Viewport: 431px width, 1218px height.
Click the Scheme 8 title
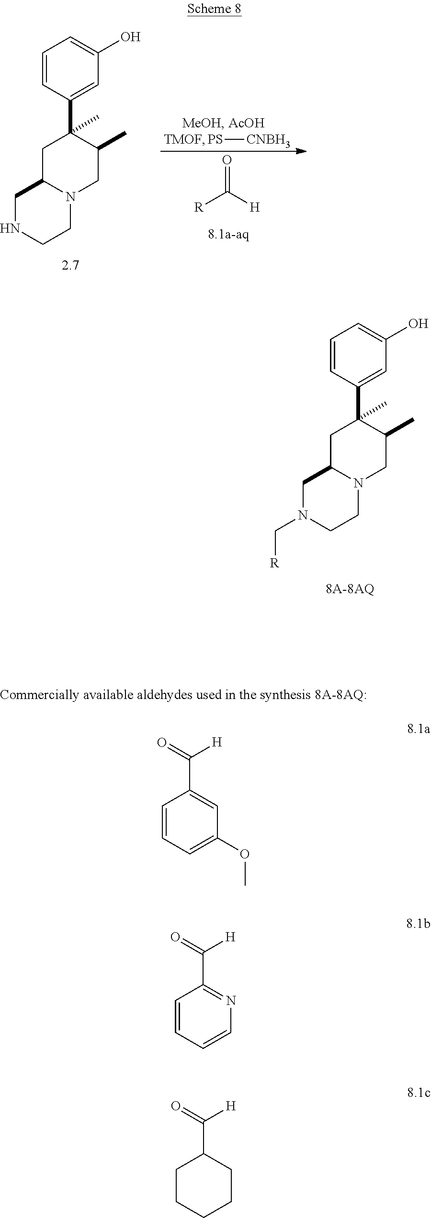[214, 9]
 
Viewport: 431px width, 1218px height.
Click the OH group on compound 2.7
[130, 37]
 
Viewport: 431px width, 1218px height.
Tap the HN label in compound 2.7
[11, 228]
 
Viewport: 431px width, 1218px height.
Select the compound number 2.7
[70, 265]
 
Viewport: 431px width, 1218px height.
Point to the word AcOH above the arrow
[246, 123]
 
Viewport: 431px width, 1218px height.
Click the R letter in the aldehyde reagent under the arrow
[198, 207]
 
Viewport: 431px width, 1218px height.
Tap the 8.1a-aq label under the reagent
[228, 235]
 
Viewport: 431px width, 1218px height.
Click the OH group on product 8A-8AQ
[418, 324]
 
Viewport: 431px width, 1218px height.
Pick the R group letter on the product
[274, 563]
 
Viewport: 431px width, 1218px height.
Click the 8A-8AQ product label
[350, 588]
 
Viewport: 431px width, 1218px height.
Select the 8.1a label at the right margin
[419, 729]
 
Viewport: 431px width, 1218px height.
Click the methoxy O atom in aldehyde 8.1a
[245, 854]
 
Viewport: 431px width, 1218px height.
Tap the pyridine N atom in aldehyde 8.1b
[231, 1001]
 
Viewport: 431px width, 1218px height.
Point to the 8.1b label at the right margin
[419, 924]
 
